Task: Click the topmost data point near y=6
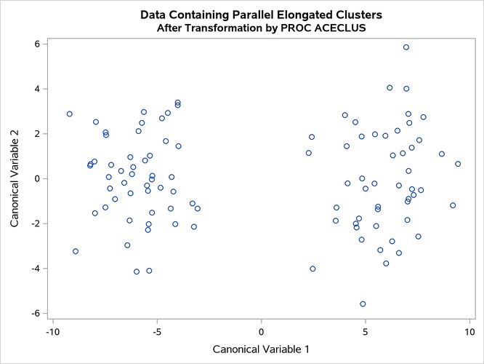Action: tap(406, 47)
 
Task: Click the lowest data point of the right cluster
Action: tap(363, 304)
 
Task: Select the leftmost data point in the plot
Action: tap(70, 114)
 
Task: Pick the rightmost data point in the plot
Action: tap(458, 164)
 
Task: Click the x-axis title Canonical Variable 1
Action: tap(261, 349)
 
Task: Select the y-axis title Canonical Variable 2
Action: tap(15, 178)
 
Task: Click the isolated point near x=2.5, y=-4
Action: tap(312, 269)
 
